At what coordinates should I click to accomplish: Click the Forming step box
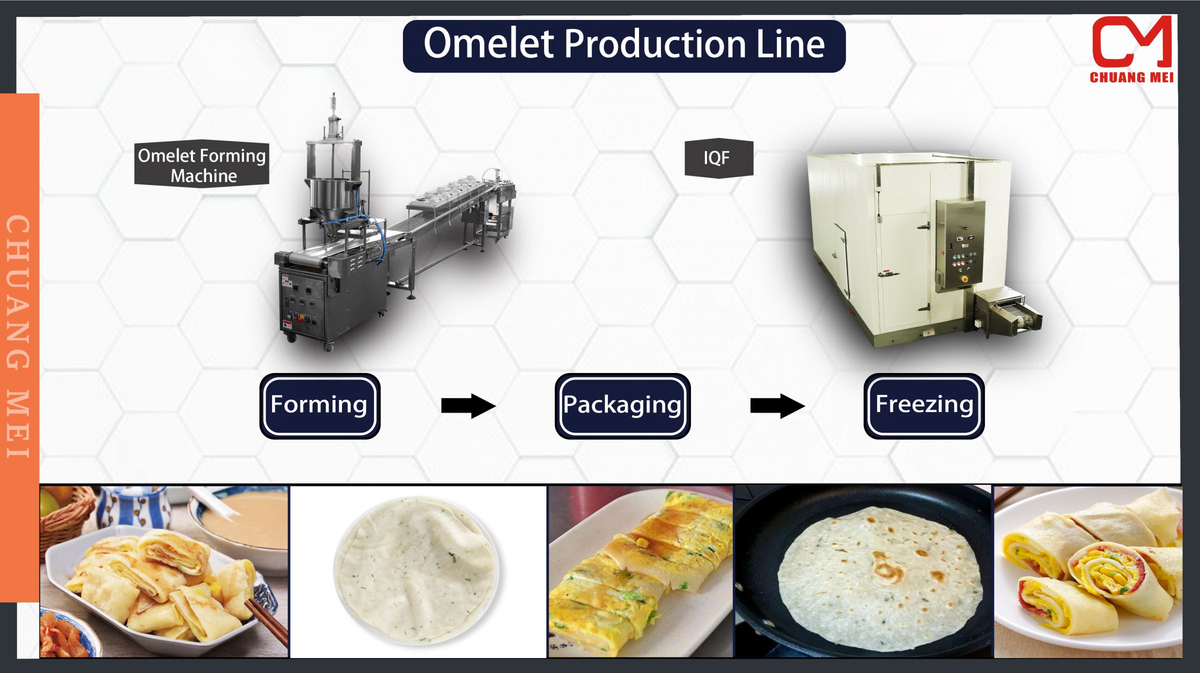coord(319,405)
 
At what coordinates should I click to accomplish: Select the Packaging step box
coord(622,405)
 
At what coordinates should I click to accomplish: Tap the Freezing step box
coord(923,405)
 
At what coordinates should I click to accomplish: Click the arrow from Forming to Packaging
coord(468,405)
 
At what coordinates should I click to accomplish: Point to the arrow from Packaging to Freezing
coord(777,405)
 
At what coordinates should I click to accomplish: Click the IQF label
coord(718,158)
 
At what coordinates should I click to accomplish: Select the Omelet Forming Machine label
coord(201,164)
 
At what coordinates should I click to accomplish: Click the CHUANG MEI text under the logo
coord(1131,77)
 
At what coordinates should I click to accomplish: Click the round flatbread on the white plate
coord(416,570)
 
